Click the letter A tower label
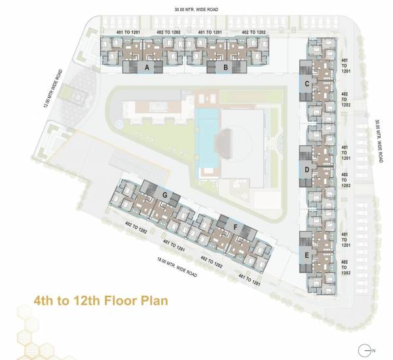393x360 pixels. pos(147,67)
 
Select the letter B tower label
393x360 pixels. pos(225,67)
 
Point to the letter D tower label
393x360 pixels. pos(306,170)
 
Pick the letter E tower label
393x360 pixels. pos(306,255)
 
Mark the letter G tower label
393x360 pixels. pos(166,196)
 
